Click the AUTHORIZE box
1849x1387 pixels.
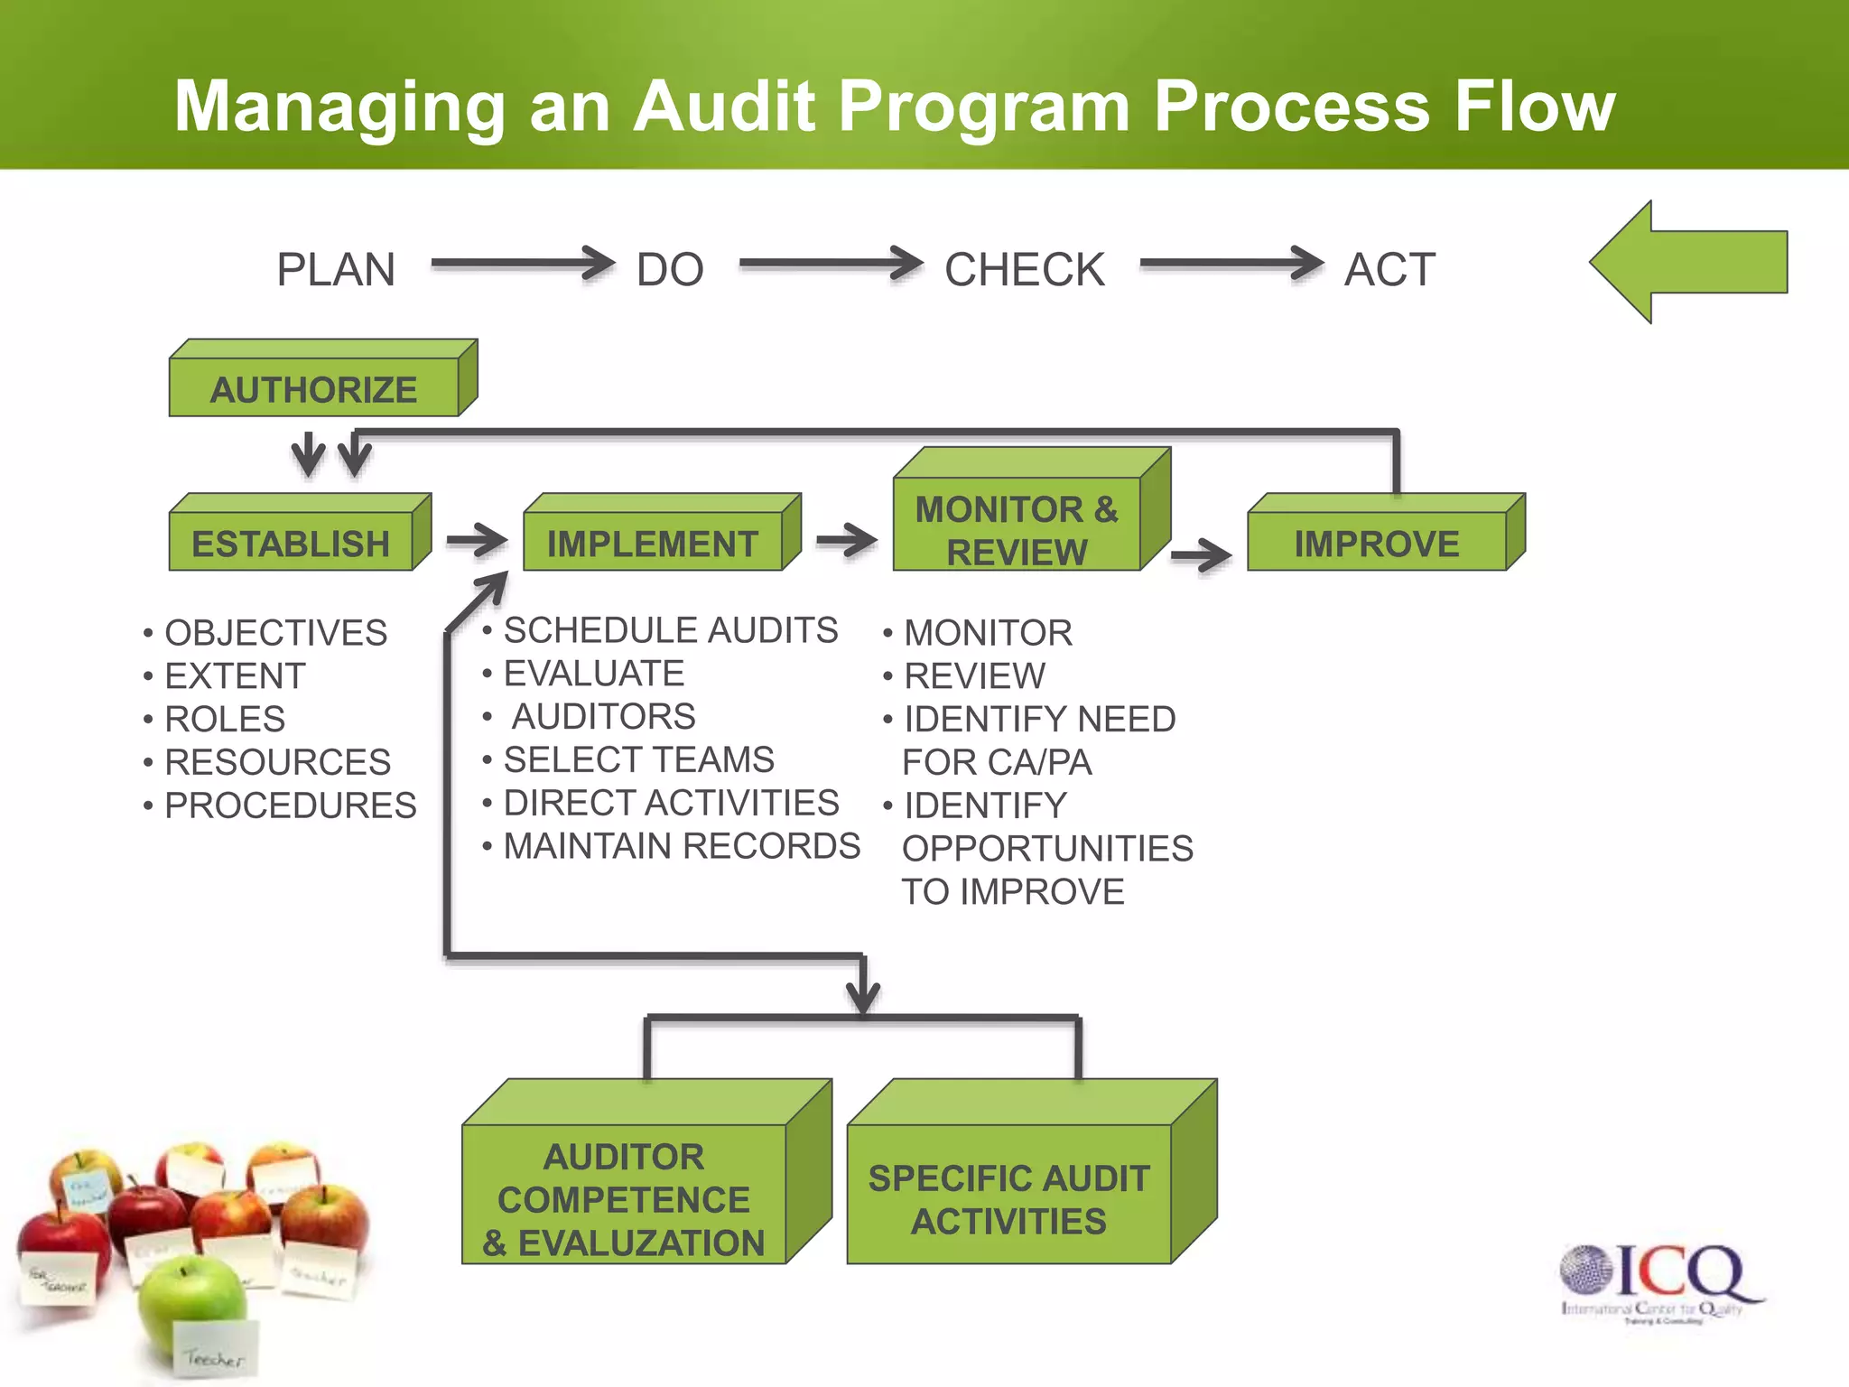coord(314,388)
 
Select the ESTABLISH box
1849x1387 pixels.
coord(292,542)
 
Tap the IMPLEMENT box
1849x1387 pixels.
coord(653,542)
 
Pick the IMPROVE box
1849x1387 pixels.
coord(1377,542)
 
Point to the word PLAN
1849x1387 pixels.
coord(336,269)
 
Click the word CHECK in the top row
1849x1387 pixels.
coord(1024,269)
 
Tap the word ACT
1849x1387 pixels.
coord(1389,269)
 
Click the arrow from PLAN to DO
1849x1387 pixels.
coord(522,264)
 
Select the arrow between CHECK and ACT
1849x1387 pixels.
coord(1231,264)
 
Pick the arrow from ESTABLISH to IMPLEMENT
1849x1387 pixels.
coord(477,540)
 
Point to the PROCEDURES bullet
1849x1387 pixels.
coord(290,805)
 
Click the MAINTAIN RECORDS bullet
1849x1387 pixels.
coord(681,846)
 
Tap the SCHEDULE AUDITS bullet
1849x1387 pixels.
coord(670,630)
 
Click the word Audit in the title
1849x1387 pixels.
coord(725,107)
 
